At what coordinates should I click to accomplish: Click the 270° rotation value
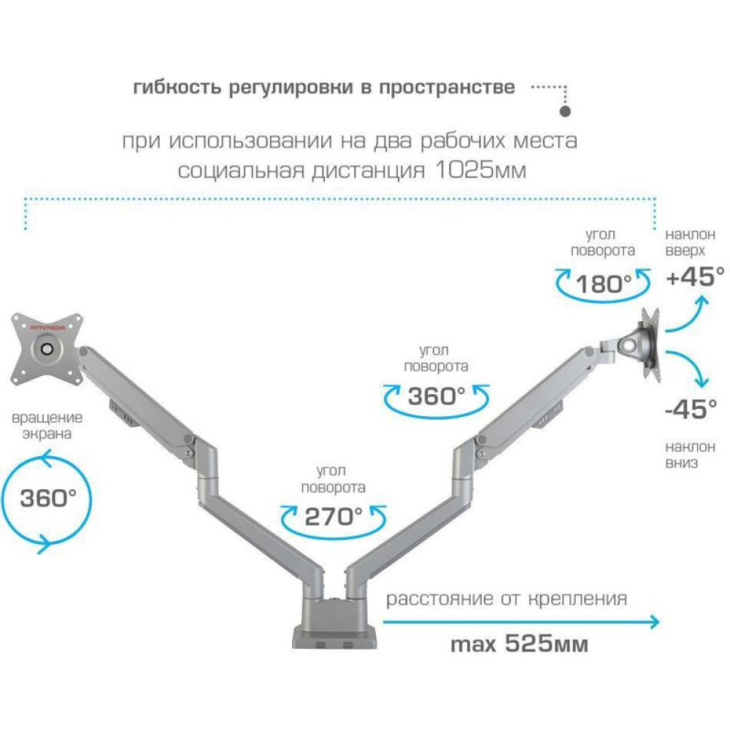(x=334, y=517)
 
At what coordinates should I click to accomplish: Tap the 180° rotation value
(x=604, y=283)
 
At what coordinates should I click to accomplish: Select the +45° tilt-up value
(x=695, y=277)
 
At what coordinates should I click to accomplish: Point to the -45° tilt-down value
(x=691, y=410)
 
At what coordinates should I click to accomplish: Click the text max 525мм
(x=520, y=644)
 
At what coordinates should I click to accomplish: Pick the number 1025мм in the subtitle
(x=480, y=171)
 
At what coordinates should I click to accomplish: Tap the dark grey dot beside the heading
(x=565, y=112)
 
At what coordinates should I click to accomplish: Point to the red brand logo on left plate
(x=48, y=327)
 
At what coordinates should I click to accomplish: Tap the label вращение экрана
(x=47, y=426)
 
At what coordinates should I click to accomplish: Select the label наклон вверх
(x=690, y=242)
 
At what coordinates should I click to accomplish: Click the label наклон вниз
(x=690, y=455)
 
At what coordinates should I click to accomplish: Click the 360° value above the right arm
(x=437, y=396)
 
